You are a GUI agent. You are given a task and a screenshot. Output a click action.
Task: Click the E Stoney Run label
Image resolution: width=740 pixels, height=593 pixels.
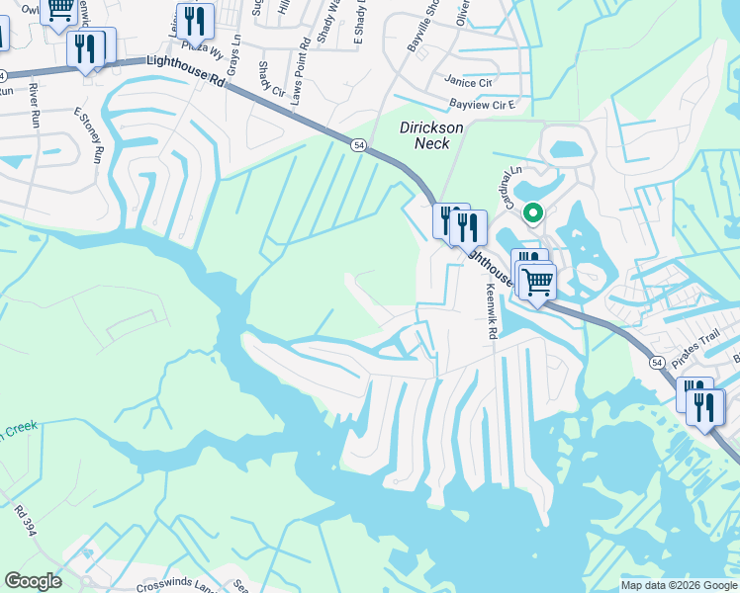(x=89, y=135)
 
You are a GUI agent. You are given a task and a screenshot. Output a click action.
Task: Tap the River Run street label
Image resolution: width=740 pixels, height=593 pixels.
(x=34, y=103)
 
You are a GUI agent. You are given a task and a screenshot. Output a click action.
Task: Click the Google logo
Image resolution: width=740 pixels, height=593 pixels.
(x=33, y=581)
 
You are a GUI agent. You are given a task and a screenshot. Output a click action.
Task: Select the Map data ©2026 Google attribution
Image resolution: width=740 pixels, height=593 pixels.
(x=679, y=585)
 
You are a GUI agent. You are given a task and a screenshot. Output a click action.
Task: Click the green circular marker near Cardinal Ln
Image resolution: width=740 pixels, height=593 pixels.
(x=533, y=212)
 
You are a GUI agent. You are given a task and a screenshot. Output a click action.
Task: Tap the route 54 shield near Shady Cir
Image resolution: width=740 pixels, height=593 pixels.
(x=356, y=146)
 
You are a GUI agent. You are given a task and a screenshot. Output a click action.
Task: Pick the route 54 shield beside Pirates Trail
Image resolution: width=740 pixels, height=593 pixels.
(x=657, y=364)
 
